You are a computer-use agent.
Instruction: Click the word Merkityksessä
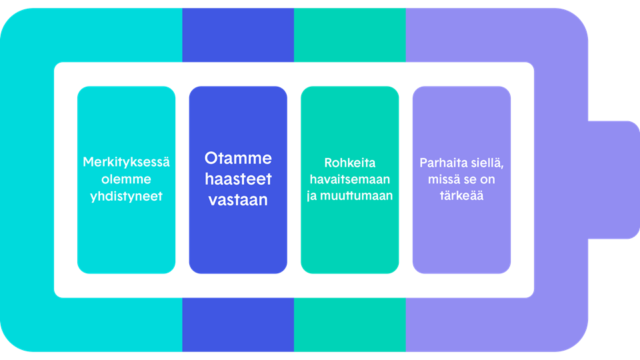pyautogui.click(x=126, y=162)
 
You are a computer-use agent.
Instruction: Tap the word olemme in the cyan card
pyautogui.click(x=126, y=179)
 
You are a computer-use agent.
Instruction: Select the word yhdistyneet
pyautogui.click(x=126, y=196)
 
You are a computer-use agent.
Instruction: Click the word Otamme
pyautogui.click(x=238, y=158)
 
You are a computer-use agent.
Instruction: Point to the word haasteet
pyautogui.click(x=238, y=179)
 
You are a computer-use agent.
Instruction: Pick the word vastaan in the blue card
pyautogui.click(x=238, y=199)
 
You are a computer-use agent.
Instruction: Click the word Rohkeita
pyautogui.click(x=350, y=163)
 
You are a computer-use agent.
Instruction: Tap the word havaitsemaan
pyautogui.click(x=350, y=179)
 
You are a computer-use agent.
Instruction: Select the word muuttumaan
pyautogui.click(x=356, y=195)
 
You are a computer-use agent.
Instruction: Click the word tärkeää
pyautogui.click(x=461, y=195)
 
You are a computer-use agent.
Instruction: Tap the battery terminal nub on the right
pyautogui.click(x=614, y=180)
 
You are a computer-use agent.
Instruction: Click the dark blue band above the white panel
pyautogui.click(x=238, y=35)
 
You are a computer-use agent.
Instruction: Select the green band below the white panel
pyautogui.click(x=350, y=325)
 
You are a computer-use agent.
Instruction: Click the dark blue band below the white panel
pyautogui.click(x=238, y=325)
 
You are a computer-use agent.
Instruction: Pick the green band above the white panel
pyautogui.click(x=350, y=35)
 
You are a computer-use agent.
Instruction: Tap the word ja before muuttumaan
pyautogui.click(x=311, y=196)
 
